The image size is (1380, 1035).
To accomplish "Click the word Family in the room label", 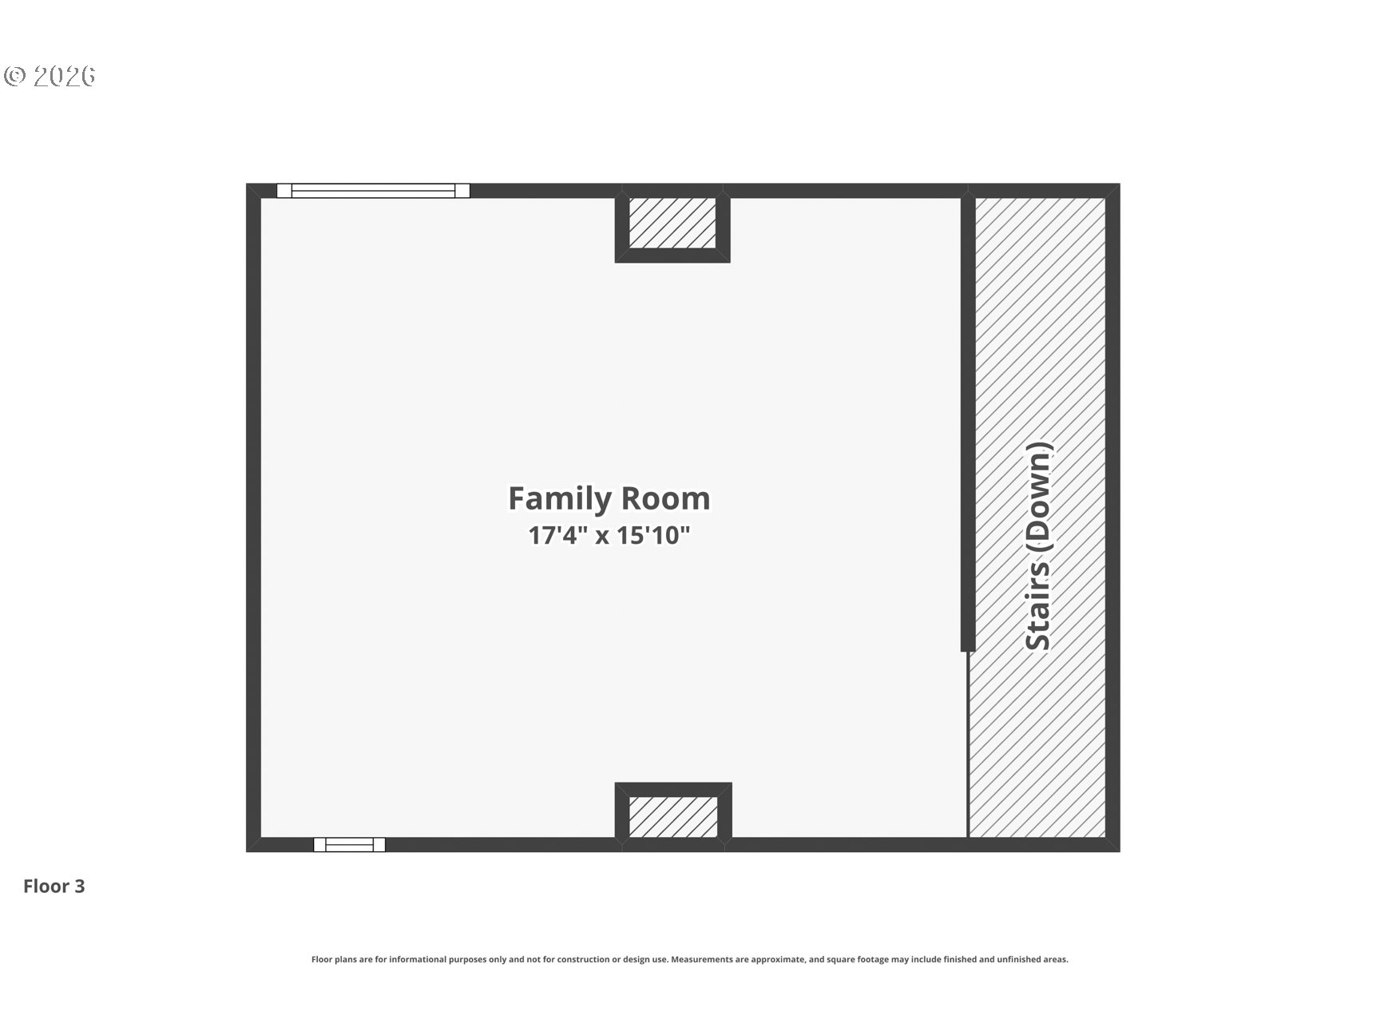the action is click(x=561, y=499).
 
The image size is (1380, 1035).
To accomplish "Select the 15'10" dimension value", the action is click(x=654, y=534).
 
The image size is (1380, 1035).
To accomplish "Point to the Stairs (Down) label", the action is click(x=1039, y=546).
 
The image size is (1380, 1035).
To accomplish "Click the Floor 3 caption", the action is click(x=54, y=886).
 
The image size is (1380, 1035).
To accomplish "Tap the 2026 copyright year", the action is click(x=65, y=76).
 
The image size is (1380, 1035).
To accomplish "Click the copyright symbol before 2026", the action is click(x=15, y=76).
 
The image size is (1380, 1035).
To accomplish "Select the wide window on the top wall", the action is click(x=373, y=190).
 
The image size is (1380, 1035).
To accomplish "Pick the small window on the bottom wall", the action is click(x=349, y=844).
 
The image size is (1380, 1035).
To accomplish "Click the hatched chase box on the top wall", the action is click(x=672, y=223).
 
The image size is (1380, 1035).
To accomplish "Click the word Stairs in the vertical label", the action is click(x=1039, y=607).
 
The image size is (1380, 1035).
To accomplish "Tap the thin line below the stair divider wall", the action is click(x=968, y=745).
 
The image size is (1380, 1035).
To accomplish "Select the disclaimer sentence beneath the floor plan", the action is click(x=689, y=959).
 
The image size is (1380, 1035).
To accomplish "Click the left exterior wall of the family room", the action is click(x=253, y=517).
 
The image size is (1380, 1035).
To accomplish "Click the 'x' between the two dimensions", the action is click(x=602, y=536).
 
